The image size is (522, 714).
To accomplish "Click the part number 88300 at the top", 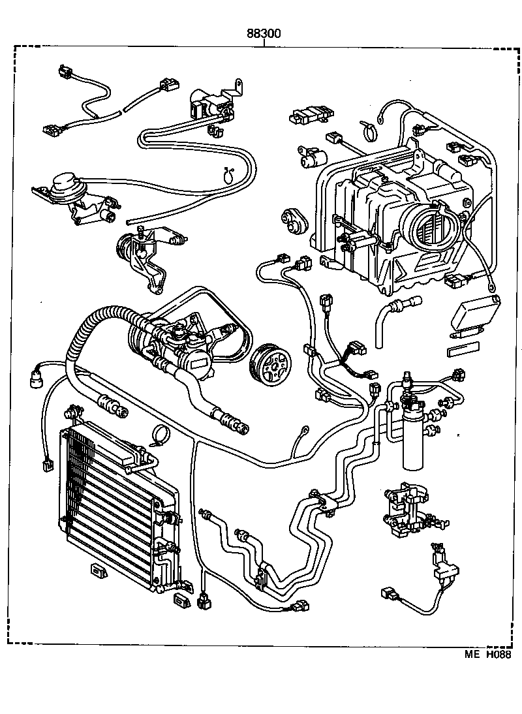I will click(264, 34).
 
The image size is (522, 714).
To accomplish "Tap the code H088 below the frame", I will click(497, 655).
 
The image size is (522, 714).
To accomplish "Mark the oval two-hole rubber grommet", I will click(294, 223).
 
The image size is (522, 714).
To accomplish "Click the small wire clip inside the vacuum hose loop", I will click(229, 175).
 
